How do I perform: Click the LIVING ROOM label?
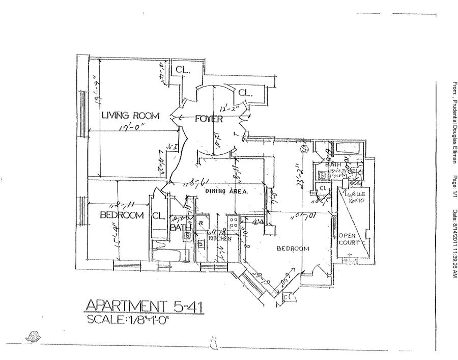[x=130, y=115]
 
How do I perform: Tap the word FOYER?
[x=209, y=119]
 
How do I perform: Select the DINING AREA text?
[x=226, y=192]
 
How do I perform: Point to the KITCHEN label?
[x=220, y=238]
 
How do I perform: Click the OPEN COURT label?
[x=350, y=239]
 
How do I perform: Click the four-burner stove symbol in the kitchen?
[x=234, y=224]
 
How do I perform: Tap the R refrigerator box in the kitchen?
[x=201, y=223]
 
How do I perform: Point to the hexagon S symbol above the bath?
[x=305, y=149]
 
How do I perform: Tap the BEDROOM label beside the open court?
[x=293, y=248]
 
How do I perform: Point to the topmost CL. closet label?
[x=183, y=70]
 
